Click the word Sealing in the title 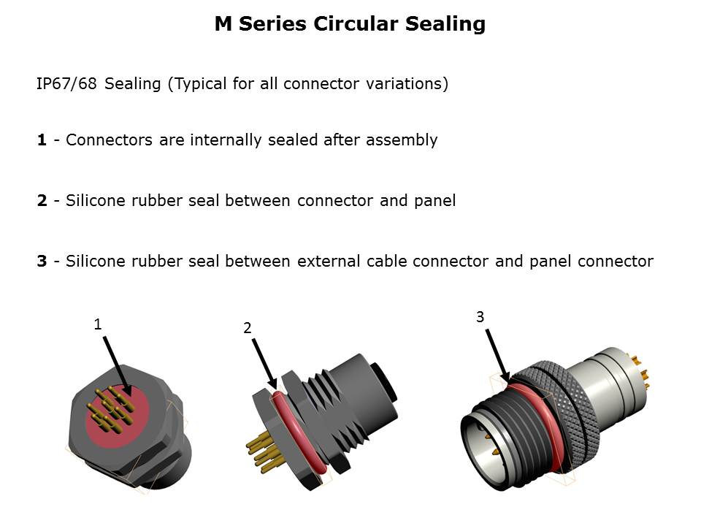pos(445,25)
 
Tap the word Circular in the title pos(356,23)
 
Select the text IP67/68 pos(66,83)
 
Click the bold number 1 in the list pos(42,140)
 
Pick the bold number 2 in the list pos(42,200)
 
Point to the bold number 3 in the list pos(42,261)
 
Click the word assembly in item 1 pos(402,140)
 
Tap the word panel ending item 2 pos(434,201)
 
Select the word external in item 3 pos(329,261)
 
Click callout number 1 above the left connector pos(97,324)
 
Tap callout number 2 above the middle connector pos(248,328)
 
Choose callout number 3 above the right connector pos(480,316)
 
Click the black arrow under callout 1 pos(117,366)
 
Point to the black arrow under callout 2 pos(264,364)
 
